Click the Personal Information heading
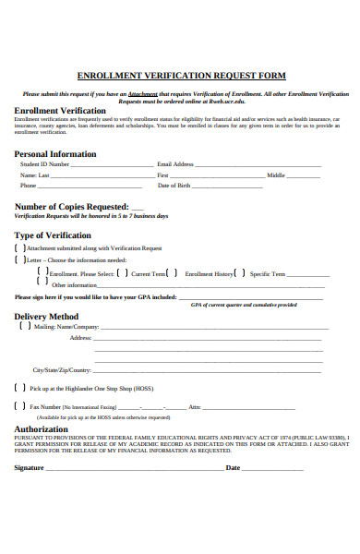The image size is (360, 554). point(55,153)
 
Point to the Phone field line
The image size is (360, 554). point(91,187)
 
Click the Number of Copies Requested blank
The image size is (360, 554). point(137,208)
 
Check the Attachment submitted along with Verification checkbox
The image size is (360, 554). point(19,248)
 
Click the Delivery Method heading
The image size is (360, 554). point(52,317)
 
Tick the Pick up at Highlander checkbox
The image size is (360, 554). point(19,389)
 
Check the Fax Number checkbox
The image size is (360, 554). point(19,406)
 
